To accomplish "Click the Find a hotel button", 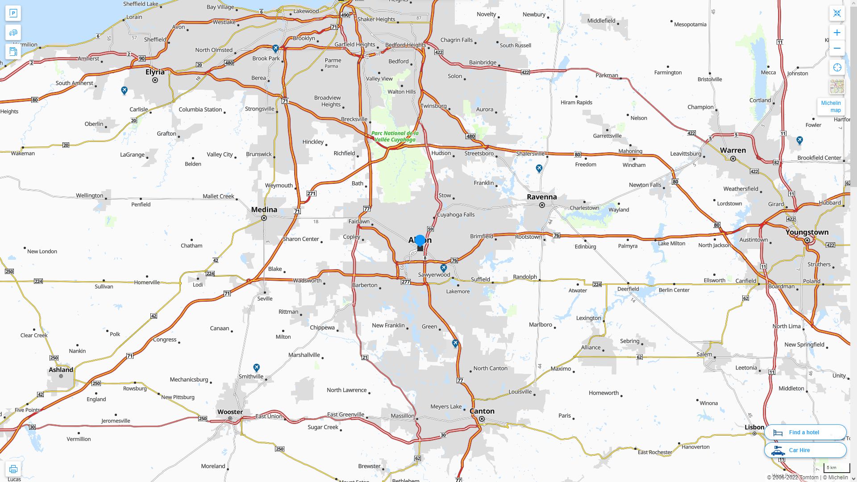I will point(805,432).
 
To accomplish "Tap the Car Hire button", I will point(805,450).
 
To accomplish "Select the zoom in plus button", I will point(837,33).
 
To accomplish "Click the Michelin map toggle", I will point(831,107).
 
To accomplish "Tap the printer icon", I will point(13,469).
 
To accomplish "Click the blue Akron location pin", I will point(420,241).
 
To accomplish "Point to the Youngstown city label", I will point(807,232).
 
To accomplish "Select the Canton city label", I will point(482,411).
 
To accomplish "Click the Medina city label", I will point(264,210).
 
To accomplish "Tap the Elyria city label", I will point(155,72).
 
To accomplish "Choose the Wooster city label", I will point(230,412).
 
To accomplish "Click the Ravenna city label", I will point(542,197).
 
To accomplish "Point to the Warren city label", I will point(732,150).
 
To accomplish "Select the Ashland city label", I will point(61,370).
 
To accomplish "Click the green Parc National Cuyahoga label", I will point(395,136).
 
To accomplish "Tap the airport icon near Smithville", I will point(256,367).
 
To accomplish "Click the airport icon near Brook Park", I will point(275,48).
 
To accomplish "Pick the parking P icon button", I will point(13,13).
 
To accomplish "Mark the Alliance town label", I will point(591,347).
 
